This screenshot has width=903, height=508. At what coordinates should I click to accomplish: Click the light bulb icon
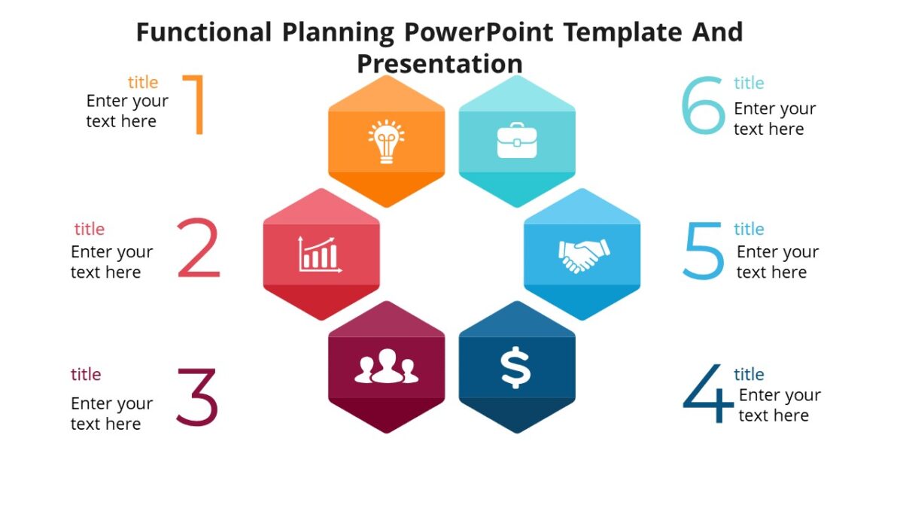pos(386,141)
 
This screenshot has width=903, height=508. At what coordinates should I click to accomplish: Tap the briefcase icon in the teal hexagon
pos(517,141)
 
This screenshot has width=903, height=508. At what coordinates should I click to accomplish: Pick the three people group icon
pos(386,367)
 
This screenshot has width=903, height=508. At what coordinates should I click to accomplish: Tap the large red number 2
pos(199,248)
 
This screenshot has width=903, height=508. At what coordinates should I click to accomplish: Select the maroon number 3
pos(196,396)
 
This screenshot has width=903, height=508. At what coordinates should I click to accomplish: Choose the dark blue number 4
pos(707,394)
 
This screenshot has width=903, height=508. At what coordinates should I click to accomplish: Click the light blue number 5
pos(703,251)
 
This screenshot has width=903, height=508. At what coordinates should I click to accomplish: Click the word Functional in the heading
pos(203,32)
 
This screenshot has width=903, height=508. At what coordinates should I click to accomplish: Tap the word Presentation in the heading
pos(439,63)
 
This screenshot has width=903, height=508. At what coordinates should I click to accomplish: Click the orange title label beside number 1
pos(143,82)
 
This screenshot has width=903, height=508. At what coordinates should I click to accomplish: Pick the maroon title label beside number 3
pos(86,374)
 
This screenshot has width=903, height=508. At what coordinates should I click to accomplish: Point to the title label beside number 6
pos(749,83)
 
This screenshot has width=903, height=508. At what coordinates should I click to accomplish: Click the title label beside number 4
pos(749,374)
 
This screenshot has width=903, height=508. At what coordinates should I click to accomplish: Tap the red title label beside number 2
pos(89,229)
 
